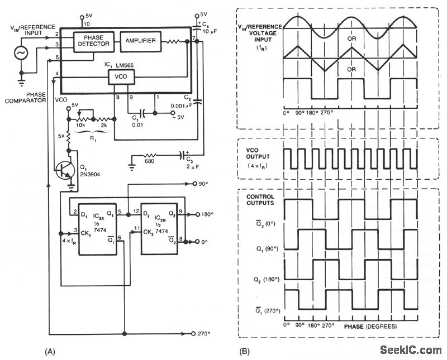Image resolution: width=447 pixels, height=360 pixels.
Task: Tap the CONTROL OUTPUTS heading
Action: click(x=260, y=200)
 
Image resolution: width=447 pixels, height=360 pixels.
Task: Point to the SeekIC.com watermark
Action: click(x=410, y=349)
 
